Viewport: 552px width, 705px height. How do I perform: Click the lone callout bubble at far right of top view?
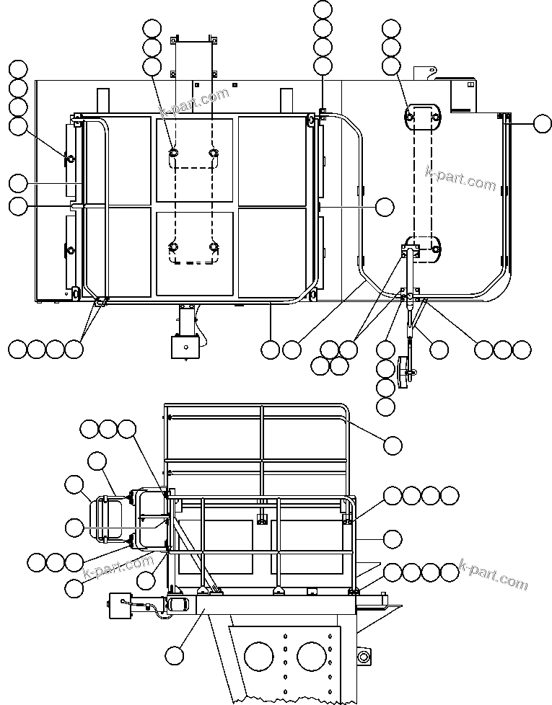click(543, 124)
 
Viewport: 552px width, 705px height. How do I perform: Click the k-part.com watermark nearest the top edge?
click(194, 105)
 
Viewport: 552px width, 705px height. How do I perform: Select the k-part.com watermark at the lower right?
click(494, 574)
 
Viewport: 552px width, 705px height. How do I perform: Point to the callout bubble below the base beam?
click(175, 655)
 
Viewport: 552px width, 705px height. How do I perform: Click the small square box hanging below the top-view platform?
click(184, 347)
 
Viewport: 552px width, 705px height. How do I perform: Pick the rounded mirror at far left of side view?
click(108, 519)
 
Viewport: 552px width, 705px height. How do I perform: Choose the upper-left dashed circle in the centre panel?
click(175, 153)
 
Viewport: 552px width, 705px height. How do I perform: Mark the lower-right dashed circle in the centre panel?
click(214, 247)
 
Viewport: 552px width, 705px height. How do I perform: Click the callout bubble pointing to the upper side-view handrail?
click(393, 445)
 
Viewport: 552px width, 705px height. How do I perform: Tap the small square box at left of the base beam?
click(119, 606)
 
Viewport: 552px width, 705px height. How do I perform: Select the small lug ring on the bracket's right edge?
click(362, 655)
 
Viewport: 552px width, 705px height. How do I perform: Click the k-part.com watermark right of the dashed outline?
click(461, 179)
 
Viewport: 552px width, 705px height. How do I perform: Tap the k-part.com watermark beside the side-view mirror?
click(119, 566)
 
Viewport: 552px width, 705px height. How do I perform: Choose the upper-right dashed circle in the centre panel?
click(214, 153)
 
